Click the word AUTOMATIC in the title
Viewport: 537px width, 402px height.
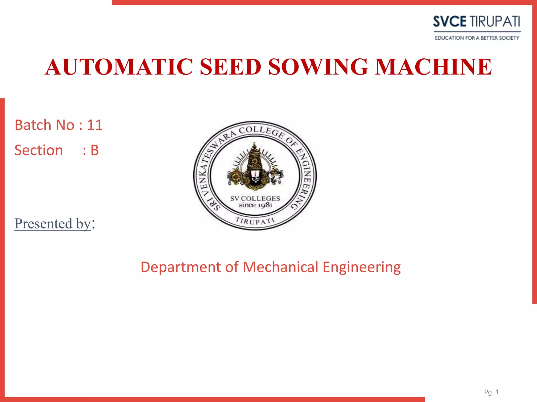[x=119, y=67]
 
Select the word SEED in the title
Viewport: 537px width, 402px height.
[x=230, y=67]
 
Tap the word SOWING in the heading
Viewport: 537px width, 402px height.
[x=318, y=67]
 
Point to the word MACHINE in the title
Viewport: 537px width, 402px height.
[x=433, y=67]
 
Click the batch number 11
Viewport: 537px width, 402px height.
[x=95, y=125]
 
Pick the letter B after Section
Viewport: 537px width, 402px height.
[x=94, y=150]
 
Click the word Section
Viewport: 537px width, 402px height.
[x=39, y=150]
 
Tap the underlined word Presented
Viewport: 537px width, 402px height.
[x=43, y=224]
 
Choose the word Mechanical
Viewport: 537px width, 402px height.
[x=281, y=267]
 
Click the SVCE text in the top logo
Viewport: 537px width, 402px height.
[x=449, y=21]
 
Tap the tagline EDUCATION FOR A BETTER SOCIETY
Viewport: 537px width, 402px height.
[x=477, y=38]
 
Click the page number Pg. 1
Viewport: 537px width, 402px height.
[x=491, y=392]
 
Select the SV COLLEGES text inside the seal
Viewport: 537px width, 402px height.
[x=255, y=199]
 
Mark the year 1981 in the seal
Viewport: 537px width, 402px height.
[x=264, y=205]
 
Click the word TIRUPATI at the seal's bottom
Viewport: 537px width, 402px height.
[x=255, y=221]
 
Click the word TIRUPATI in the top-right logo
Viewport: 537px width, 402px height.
[x=495, y=21]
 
